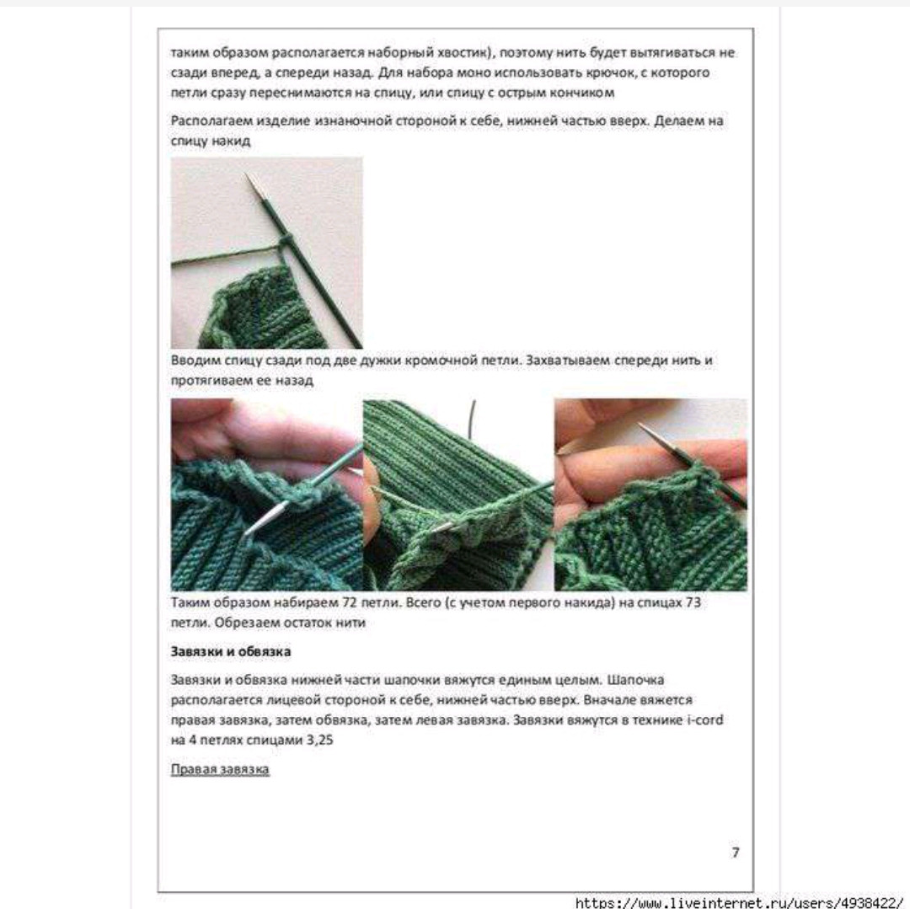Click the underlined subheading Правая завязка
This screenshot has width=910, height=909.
click(220, 769)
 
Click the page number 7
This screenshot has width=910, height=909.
click(736, 852)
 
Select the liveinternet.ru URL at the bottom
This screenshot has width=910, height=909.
click(742, 902)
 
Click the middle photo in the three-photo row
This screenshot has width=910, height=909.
click(458, 495)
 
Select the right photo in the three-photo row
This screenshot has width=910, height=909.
click(650, 495)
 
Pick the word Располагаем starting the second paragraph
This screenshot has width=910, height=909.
click(209, 120)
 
